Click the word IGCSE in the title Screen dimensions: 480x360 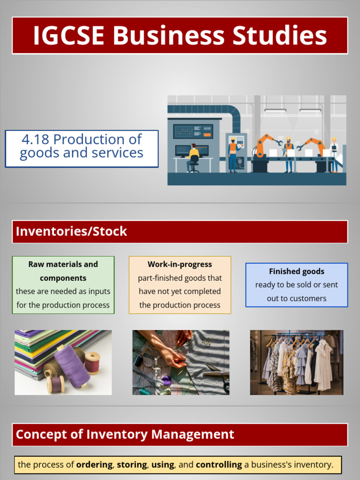click(68, 36)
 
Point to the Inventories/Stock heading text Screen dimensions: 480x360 click(71, 231)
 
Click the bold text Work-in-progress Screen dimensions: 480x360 click(180, 264)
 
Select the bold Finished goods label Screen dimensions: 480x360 click(296, 271)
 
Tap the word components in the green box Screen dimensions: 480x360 click(63, 278)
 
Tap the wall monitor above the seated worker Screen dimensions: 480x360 click(193, 131)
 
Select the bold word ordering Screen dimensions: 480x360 click(94, 465)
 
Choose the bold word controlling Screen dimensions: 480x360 click(218, 465)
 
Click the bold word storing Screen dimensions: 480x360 click(132, 465)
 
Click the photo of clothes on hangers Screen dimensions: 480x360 click(296, 362)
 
